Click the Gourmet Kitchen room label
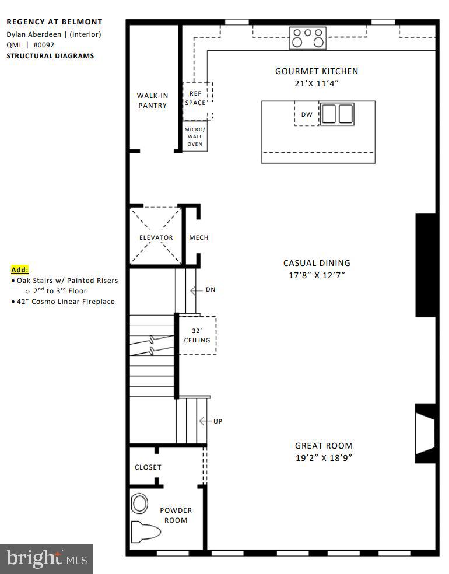pyautogui.click(x=317, y=71)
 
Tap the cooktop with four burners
pyautogui.click(x=308, y=38)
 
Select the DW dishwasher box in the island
pyautogui.click(x=307, y=114)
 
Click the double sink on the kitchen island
pyautogui.click(x=338, y=114)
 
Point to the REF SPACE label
pyautogui.click(x=195, y=98)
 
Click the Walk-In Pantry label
pyautogui.click(x=152, y=100)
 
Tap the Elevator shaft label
pyautogui.click(x=156, y=237)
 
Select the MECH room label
pyautogui.click(x=198, y=237)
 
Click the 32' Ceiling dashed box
pyautogui.click(x=197, y=335)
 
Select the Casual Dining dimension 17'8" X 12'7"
pyautogui.click(x=317, y=275)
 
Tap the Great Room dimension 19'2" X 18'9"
pyautogui.click(x=324, y=458)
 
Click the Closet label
pyautogui.click(x=148, y=467)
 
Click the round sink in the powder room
pyautogui.click(x=140, y=502)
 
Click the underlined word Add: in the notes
pyautogui.click(x=19, y=270)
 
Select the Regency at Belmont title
pyautogui.click(x=54, y=22)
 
